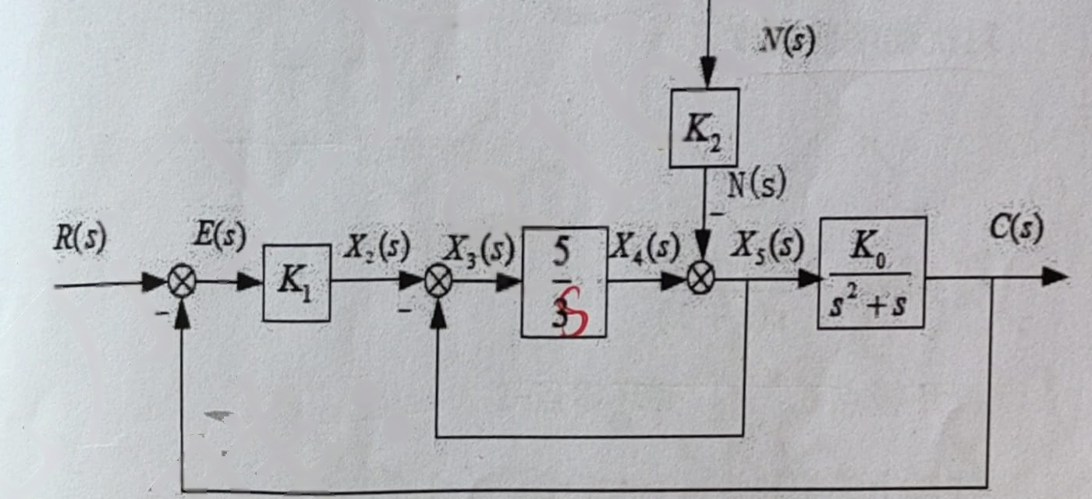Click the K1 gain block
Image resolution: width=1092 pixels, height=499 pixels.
tap(296, 282)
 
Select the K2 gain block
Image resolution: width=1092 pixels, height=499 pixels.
tap(704, 128)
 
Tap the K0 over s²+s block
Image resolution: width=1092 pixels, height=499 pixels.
tap(872, 273)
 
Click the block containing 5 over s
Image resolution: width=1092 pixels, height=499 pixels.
tap(564, 282)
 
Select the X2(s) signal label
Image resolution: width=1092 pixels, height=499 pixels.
tap(376, 247)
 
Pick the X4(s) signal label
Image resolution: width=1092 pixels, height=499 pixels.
tap(646, 246)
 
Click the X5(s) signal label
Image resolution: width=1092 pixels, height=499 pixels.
tap(767, 245)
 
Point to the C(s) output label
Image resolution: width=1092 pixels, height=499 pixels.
tap(1017, 228)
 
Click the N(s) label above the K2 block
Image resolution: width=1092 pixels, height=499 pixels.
tap(787, 41)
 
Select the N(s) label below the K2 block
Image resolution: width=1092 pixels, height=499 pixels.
tap(756, 183)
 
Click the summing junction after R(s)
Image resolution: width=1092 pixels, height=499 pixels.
tap(182, 281)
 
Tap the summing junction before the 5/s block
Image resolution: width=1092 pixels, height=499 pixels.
tap(438, 281)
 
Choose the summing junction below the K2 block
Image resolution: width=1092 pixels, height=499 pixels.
tap(701, 279)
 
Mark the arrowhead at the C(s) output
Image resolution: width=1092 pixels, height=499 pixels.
tap(1054, 278)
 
